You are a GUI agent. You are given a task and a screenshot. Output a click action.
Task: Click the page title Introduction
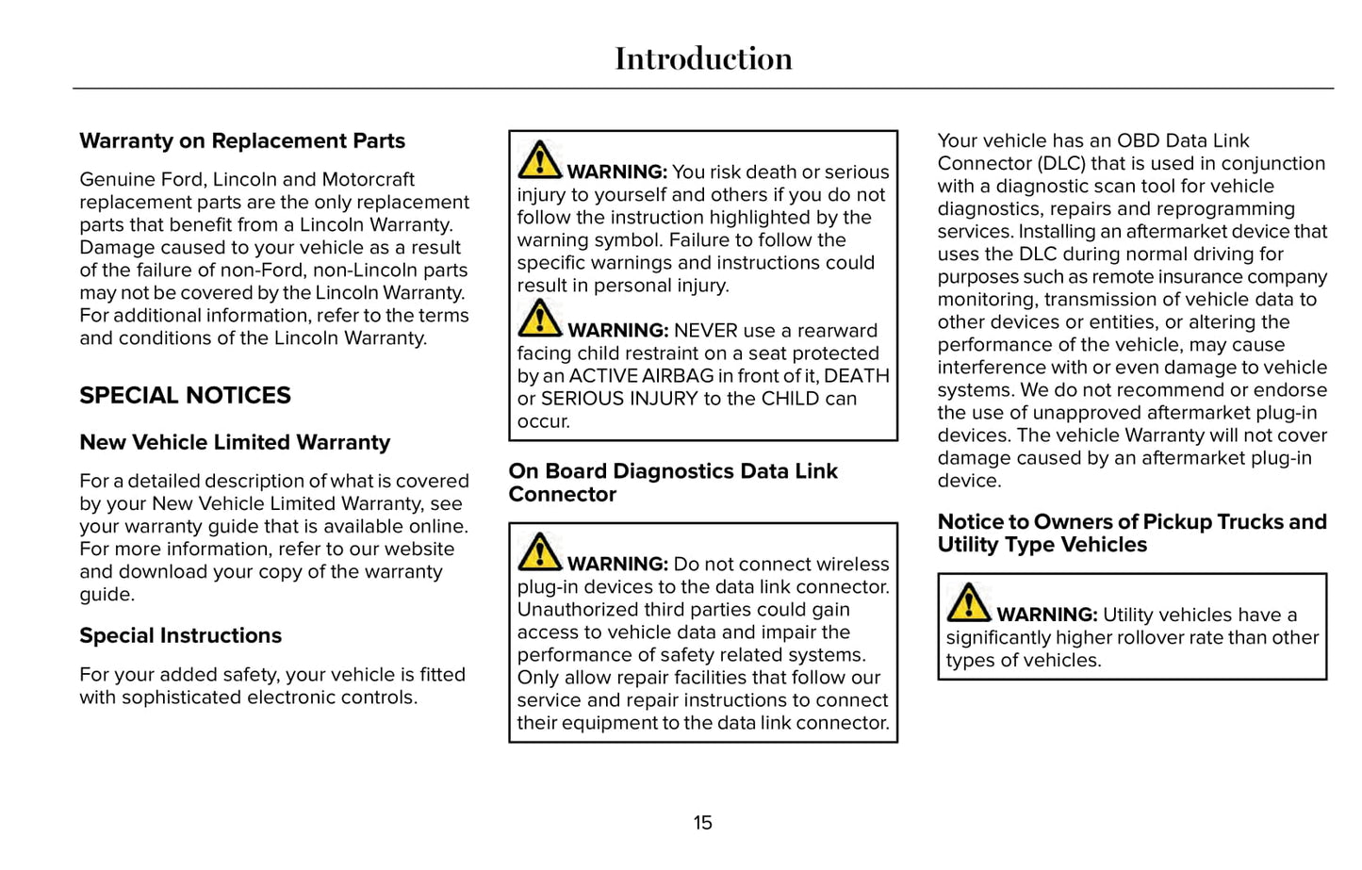point(703,58)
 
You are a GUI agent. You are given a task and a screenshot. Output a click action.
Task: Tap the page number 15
point(703,823)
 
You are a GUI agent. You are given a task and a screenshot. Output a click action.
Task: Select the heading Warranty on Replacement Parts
point(242,141)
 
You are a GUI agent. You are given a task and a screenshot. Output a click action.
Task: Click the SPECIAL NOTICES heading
point(186,396)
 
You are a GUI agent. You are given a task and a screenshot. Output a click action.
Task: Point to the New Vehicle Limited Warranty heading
point(235,443)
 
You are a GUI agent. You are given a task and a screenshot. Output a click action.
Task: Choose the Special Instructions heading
point(180,636)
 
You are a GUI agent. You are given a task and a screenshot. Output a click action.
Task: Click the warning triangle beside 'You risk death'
point(539,160)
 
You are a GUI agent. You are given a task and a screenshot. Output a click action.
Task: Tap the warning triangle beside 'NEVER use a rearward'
point(539,319)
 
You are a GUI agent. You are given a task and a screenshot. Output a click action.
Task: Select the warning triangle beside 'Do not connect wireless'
point(539,552)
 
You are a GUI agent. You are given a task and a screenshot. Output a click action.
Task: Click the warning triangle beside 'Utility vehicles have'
point(968,603)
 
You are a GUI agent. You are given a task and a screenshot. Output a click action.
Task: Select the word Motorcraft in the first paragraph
point(369,179)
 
